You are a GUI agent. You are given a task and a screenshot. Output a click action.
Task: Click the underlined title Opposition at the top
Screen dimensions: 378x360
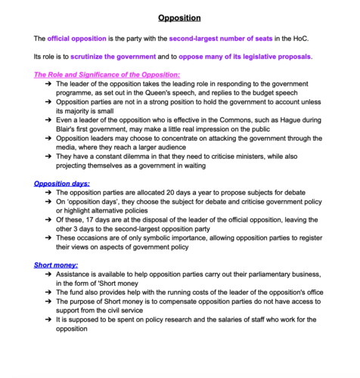pyautogui.click(x=179, y=17)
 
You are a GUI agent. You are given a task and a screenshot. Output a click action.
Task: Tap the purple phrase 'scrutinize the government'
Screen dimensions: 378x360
pyautogui.click(x=113, y=57)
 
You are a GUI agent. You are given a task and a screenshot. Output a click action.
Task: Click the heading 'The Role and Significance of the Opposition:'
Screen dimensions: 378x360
pyautogui.click(x=107, y=75)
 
